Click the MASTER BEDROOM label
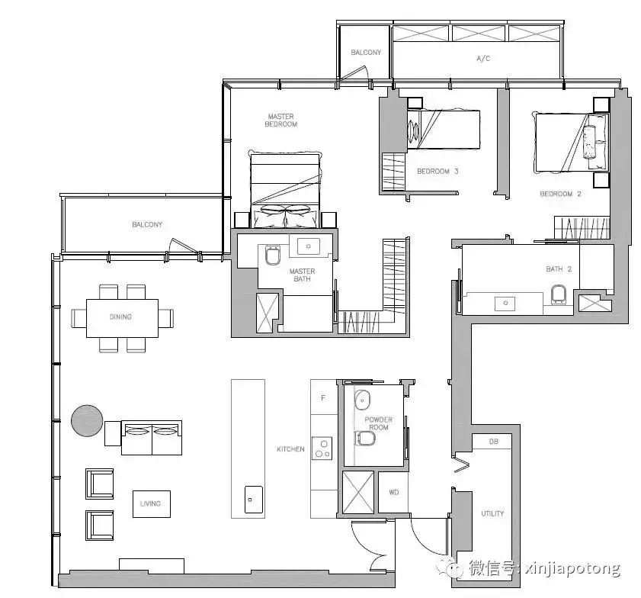(x=280, y=121)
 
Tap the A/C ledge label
(x=483, y=59)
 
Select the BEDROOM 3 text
(x=437, y=172)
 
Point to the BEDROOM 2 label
(x=560, y=194)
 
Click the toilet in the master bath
(x=273, y=255)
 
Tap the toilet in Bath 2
(x=559, y=295)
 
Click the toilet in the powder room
(x=366, y=439)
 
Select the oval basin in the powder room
(x=362, y=400)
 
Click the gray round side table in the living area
(x=87, y=420)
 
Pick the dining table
(x=122, y=318)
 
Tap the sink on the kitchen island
(x=254, y=500)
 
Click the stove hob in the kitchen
(x=322, y=448)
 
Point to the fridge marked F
(x=323, y=397)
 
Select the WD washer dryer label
(x=394, y=493)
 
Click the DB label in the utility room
(x=493, y=442)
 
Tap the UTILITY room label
(x=492, y=513)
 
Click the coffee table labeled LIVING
(x=151, y=504)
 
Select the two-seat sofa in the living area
(x=152, y=438)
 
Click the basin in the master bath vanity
(x=309, y=246)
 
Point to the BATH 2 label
(x=559, y=269)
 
